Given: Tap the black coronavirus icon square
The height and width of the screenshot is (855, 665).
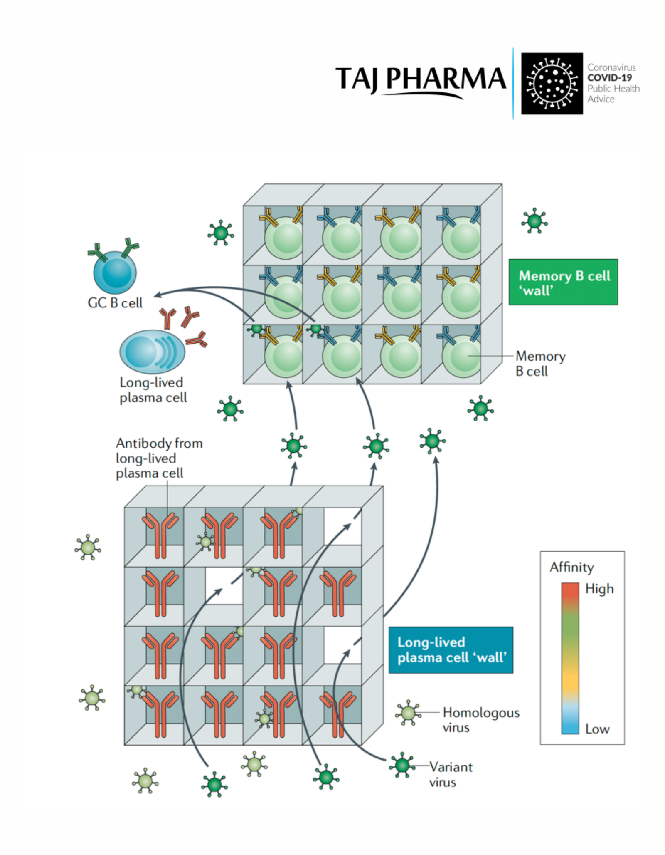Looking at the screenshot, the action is [552, 84].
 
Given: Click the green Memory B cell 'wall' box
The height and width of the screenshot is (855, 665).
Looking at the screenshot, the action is [563, 282].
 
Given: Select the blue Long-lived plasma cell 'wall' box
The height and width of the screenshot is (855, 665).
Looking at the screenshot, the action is [451, 650].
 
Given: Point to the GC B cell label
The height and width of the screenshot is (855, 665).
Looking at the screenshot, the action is [115, 303].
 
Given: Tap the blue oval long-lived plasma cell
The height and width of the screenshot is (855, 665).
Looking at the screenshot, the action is [152, 352].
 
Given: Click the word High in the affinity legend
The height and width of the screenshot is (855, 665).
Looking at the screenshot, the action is [599, 589].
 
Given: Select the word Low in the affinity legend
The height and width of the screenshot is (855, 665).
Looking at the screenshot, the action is [597, 729].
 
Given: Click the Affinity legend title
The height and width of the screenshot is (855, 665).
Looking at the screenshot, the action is [571, 567].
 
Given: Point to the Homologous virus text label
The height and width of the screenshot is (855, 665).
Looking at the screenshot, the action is [481, 720].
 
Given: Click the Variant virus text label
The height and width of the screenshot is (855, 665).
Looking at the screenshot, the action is [451, 774].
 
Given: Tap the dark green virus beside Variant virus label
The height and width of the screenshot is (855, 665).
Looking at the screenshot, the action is [402, 765].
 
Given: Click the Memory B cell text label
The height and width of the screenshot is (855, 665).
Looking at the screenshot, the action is [540, 364].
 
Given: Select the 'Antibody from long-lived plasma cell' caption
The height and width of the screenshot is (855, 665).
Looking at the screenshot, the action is [159, 458].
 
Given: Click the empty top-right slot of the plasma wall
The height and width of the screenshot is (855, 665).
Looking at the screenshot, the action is [342, 526].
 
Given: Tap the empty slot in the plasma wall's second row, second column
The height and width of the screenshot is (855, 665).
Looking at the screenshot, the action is [224, 585].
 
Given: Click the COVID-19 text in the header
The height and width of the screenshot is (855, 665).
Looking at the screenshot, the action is [609, 78].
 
